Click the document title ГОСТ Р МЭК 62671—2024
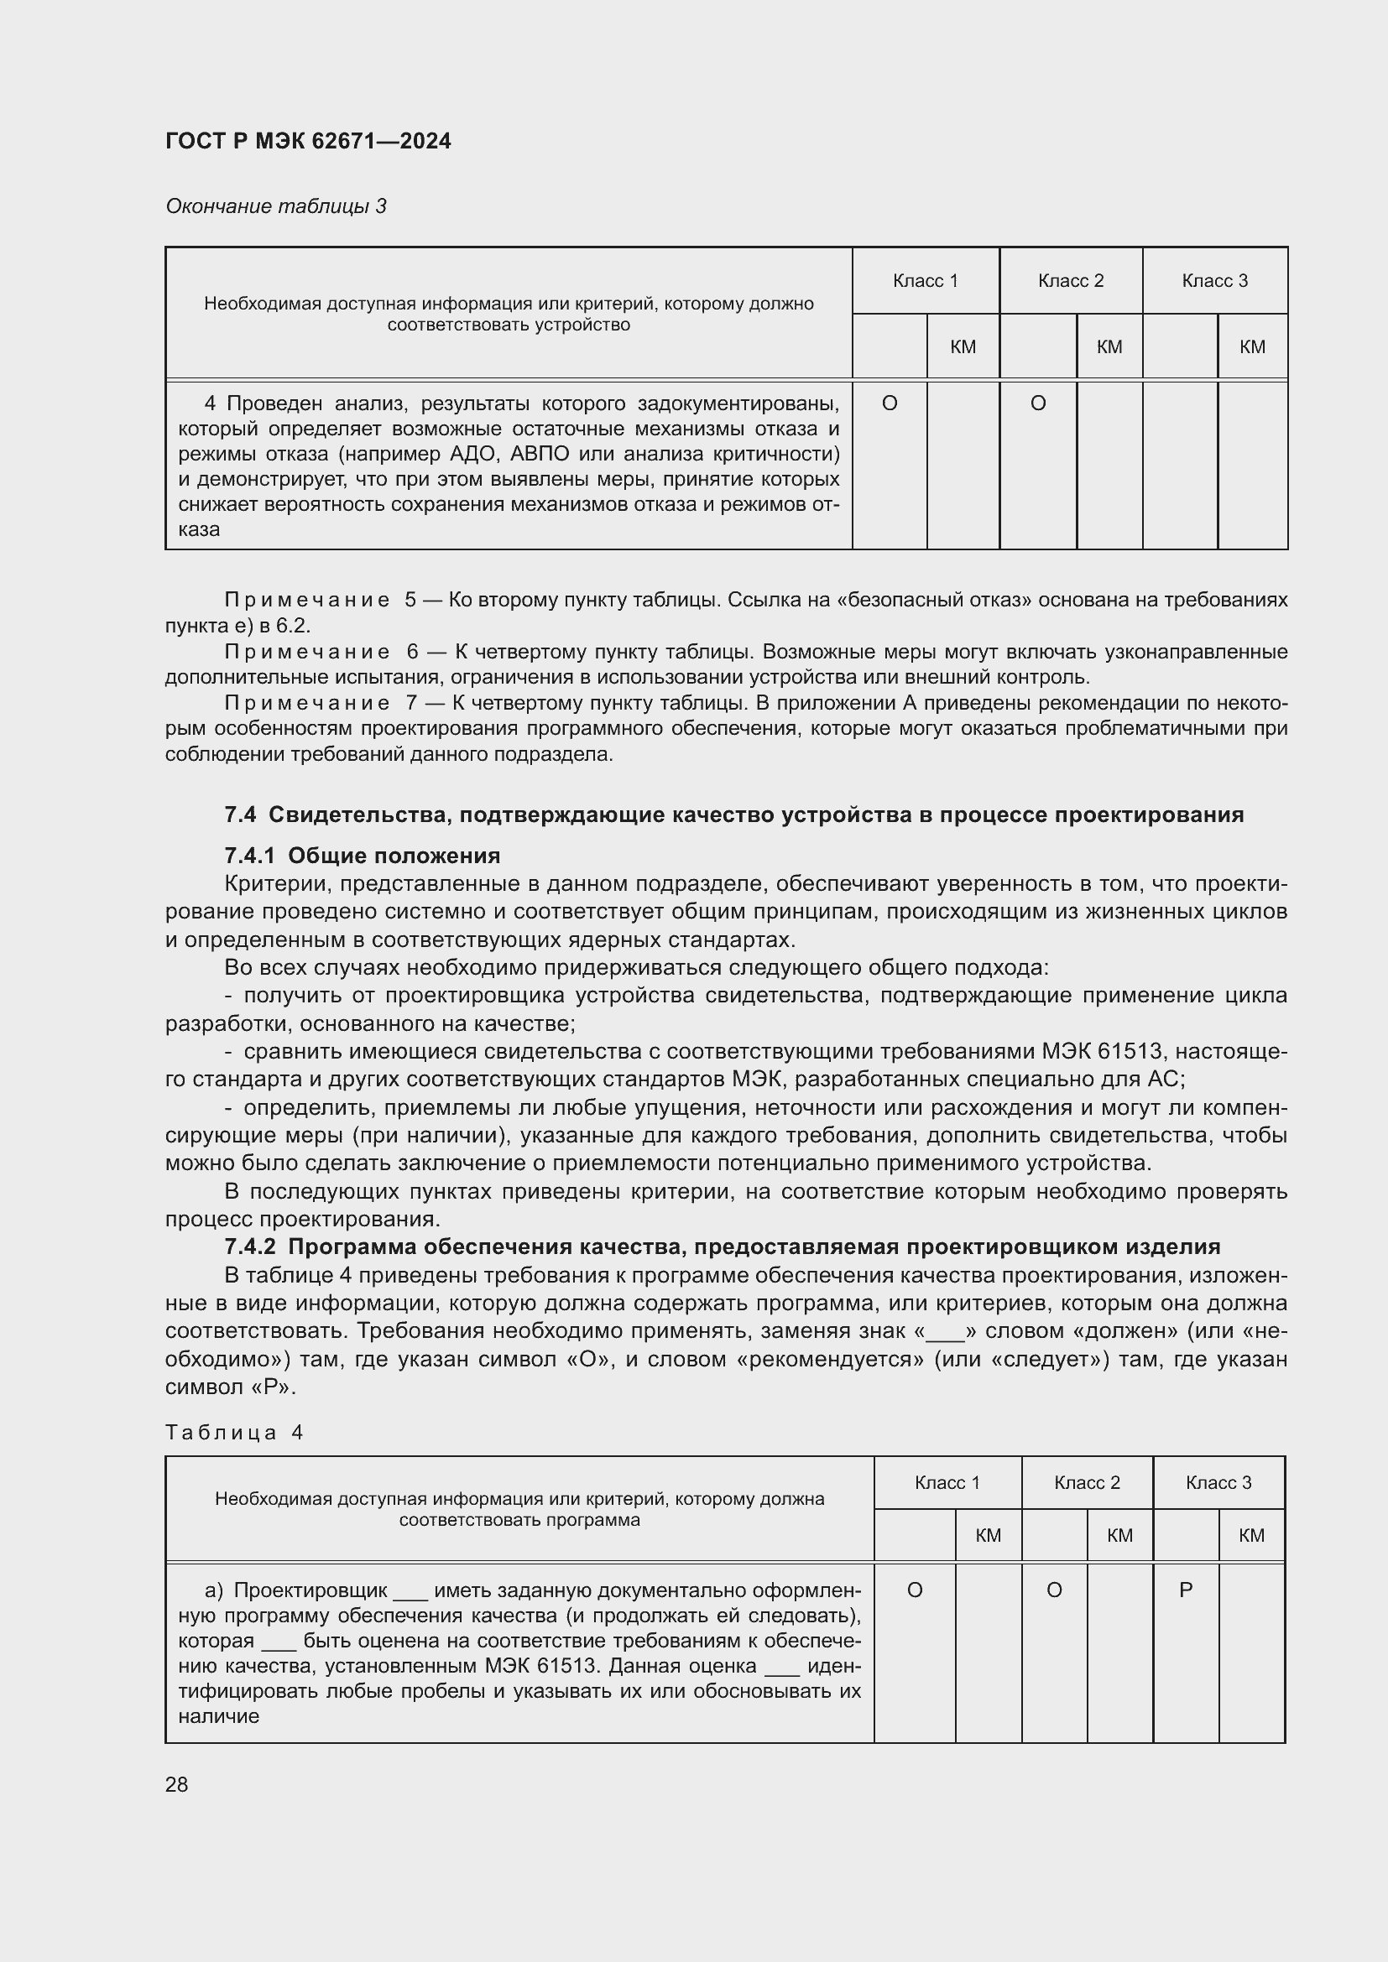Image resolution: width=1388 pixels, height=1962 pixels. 308,141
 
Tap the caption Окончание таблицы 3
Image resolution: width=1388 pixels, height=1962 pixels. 275,206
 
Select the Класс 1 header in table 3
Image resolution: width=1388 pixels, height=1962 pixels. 925,280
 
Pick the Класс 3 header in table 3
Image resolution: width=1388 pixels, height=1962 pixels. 1213,280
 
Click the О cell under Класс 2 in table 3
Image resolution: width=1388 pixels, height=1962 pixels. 1037,403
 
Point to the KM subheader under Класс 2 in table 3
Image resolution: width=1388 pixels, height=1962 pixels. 1109,346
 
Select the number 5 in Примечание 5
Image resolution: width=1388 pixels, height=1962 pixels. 410,600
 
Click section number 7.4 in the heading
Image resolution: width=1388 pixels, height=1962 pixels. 240,814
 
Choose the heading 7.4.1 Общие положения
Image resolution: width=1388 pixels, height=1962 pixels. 362,856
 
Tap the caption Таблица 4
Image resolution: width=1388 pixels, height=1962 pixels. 234,1432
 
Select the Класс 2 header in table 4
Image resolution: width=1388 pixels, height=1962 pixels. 1086,1482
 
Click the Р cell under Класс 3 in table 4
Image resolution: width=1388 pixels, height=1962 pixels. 1185,1590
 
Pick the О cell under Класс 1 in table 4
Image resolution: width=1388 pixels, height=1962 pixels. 914,1590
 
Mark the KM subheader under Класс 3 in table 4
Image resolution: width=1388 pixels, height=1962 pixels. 1250,1536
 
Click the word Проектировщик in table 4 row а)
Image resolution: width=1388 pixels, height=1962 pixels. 310,1590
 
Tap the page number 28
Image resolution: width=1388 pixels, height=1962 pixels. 177,1784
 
